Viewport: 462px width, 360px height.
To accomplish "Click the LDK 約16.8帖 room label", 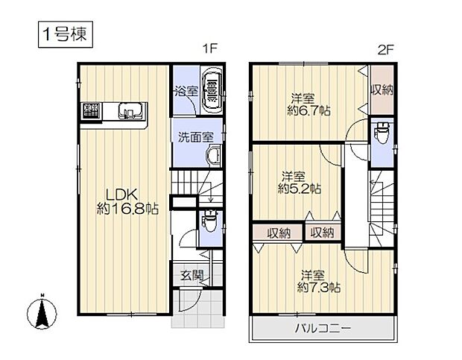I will [127, 201].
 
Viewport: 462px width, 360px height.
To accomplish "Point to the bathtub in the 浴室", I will [213, 90].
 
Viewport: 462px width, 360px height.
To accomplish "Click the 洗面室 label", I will [196, 137].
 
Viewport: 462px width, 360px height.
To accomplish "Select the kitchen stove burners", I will [90, 112].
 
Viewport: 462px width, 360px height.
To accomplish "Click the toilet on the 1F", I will [209, 221].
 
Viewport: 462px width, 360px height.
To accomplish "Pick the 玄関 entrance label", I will [190, 275].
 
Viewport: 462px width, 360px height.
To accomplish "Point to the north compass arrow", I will [43, 312].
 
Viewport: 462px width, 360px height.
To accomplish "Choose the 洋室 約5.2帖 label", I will [300, 183].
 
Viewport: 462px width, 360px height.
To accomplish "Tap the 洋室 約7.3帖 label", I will [319, 280].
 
